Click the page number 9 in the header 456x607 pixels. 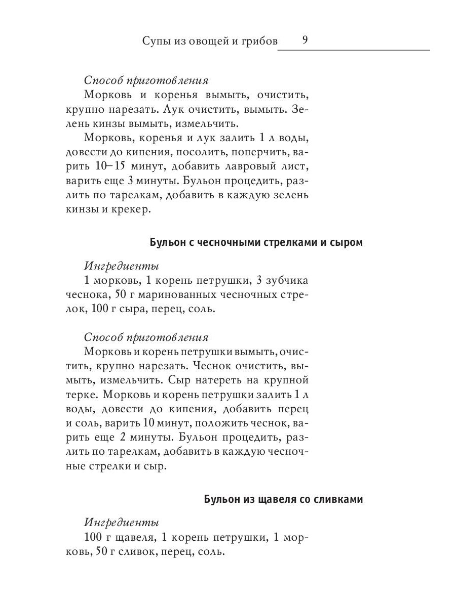(x=305, y=40)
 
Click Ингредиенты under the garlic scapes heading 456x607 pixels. (x=122, y=266)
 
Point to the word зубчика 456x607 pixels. (x=281, y=280)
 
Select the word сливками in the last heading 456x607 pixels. (x=338, y=499)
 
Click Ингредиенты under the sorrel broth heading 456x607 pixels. (x=122, y=523)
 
